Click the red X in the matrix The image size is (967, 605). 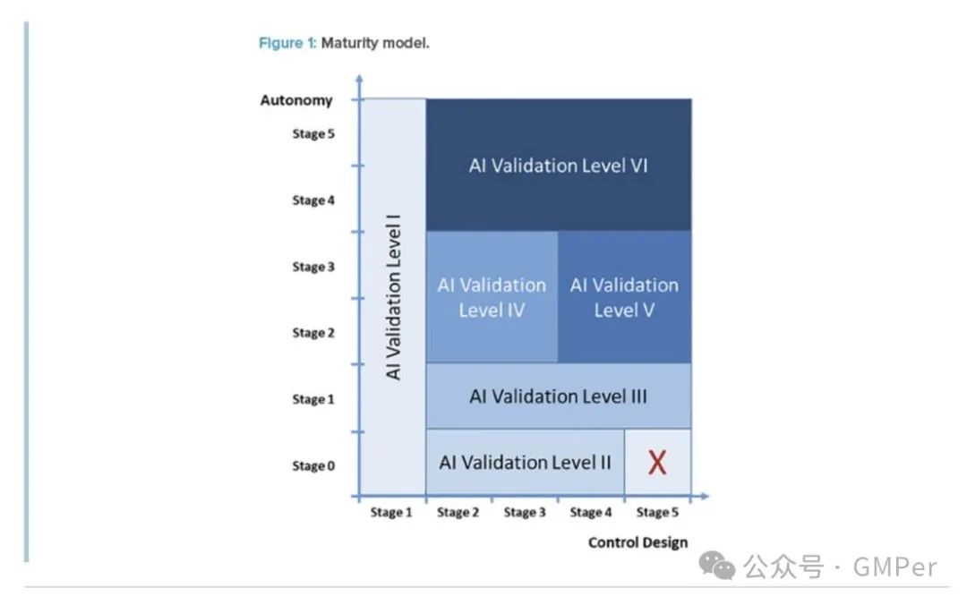pos(657,462)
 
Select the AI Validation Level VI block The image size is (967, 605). pos(559,165)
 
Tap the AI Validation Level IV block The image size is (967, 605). pos(492,297)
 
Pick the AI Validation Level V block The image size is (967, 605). pos(625,297)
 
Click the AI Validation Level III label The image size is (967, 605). pos(558,396)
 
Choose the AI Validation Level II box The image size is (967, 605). pos(526,462)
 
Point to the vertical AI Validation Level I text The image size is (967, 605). pos(393,297)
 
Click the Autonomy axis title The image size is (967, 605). pos(296,100)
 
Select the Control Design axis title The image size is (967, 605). pos(638,542)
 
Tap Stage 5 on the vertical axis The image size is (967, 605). pos(313,134)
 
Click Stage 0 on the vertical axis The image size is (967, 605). pos(313,465)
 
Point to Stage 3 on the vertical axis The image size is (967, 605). pos(313,267)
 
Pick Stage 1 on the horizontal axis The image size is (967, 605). pos(391,512)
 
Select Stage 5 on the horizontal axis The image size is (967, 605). pos(657,512)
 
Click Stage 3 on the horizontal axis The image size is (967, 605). pos(525,512)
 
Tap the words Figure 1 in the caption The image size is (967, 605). pos(287,43)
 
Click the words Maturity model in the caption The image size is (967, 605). pos(375,43)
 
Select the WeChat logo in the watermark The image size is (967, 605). pos(716,566)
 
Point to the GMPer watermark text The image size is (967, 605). pos(894,567)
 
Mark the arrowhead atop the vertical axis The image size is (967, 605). pos(360,79)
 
